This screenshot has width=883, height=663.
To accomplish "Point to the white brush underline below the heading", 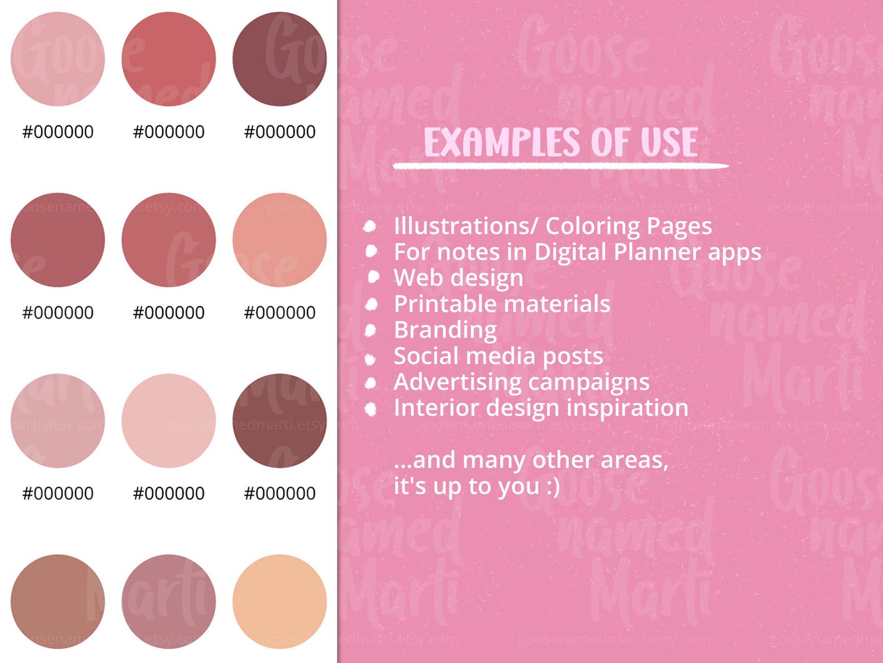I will coord(560,165).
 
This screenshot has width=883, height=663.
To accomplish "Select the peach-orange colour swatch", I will coord(280,601).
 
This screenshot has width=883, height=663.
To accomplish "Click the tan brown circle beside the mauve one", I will coord(58,601).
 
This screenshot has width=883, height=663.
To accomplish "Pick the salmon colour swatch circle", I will coord(280,240).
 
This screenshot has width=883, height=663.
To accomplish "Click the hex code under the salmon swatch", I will coord(280,313).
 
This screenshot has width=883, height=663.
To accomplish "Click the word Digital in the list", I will coord(571,252).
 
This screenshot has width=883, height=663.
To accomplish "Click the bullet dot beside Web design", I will coord(373,277).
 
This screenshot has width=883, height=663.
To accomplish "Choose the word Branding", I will coord(445,330).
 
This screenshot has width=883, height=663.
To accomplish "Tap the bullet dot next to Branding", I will coord(371,330).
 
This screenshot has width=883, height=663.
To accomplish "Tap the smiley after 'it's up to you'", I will coord(553,487).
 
